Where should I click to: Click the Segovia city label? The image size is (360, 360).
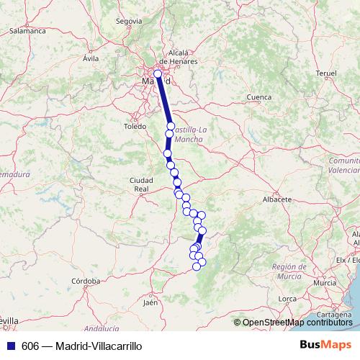pyautogui.click(x=129, y=22)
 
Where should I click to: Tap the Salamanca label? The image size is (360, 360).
pyautogui.click(x=28, y=32)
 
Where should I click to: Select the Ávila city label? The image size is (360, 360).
pyautogui.click(x=90, y=58)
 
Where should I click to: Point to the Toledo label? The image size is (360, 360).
pyautogui.click(x=135, y=126)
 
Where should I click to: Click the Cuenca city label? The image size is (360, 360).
pyautogui.click(x=258, y=96)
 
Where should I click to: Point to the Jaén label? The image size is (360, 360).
pyautogui.click(x=150, y=303)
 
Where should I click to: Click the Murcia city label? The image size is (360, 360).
pyautogui.click(x=325, y=283)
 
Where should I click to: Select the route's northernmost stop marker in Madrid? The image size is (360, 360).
pyautogui.click(x=158, y=73)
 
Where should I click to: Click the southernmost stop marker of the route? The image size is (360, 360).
pyautogui.click(x=196, y=267)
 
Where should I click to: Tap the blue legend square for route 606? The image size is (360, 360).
pyautogui.click(x=9, y=346)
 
